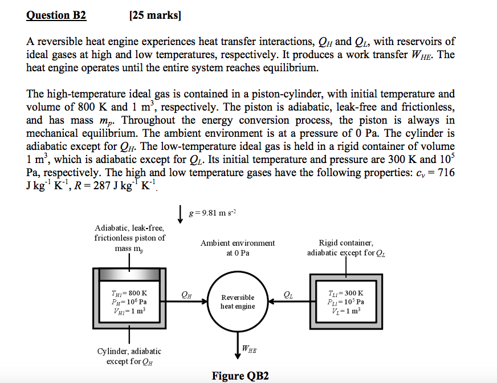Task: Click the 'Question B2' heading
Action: pos(56,15)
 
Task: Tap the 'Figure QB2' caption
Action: pos(240,376)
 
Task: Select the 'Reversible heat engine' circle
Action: pos(238,302)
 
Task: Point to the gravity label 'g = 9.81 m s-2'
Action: pos(211,212)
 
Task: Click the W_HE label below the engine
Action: pos(249,348)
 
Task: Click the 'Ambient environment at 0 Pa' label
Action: pos(238,247)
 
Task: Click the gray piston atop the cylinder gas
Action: pos(130,274)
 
